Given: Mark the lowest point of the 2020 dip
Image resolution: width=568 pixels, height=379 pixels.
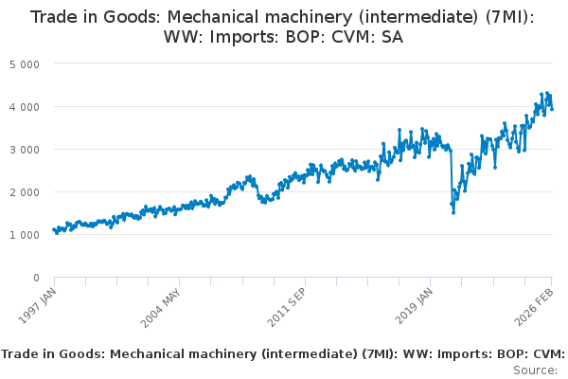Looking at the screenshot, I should pyautogui.click(x=453, y=212).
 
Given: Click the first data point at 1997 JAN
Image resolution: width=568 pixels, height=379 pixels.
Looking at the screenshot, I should pyautogui.click(x=54, y=229).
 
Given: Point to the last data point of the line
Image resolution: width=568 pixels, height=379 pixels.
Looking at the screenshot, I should pyautogui.click(x=552, y=108).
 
